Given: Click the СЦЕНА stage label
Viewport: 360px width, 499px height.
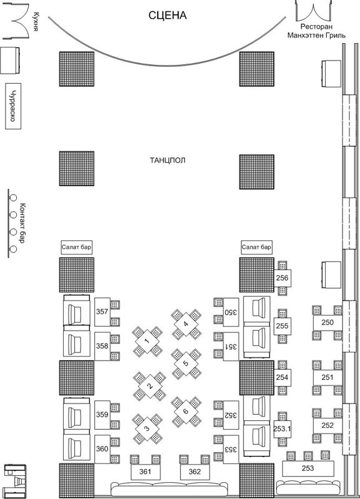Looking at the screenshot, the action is tap(167, 16).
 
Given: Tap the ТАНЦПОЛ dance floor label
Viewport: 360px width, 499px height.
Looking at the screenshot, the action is tap(167, 160).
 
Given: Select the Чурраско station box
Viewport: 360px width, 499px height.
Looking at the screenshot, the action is tap(13, 106).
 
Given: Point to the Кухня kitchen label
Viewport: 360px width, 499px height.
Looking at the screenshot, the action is tap(36, 22).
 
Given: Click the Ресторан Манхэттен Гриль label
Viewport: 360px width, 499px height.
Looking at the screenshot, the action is tap(316, 31).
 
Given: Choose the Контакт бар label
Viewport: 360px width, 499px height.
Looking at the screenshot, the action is tap(22, 223).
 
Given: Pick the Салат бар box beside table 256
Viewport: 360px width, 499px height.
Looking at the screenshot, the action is tap(256, 247).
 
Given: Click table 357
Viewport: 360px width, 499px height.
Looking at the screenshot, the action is tap(102, 312).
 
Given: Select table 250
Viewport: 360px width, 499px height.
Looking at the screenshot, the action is tap(328, 322).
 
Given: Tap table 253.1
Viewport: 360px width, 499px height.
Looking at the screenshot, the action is tap(282, 429).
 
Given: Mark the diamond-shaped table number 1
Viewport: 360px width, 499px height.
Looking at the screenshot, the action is tap(147, 341).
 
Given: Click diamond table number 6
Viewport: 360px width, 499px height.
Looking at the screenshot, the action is tap(186, 411).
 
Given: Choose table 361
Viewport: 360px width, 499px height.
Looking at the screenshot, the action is tap(145, 472).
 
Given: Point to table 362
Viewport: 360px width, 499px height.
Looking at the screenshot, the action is tap(195, 472).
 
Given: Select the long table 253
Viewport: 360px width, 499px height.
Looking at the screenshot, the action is tap(308, 468).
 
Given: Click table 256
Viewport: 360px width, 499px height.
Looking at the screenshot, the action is tap(282, 278).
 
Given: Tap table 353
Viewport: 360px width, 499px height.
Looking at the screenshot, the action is tap(231, 449).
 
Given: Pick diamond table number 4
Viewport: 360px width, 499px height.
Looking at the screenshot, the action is tap(186, 324).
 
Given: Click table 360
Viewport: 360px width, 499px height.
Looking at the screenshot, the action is tap(102, 449).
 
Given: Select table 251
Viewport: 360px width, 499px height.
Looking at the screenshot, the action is tap(328, 377).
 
